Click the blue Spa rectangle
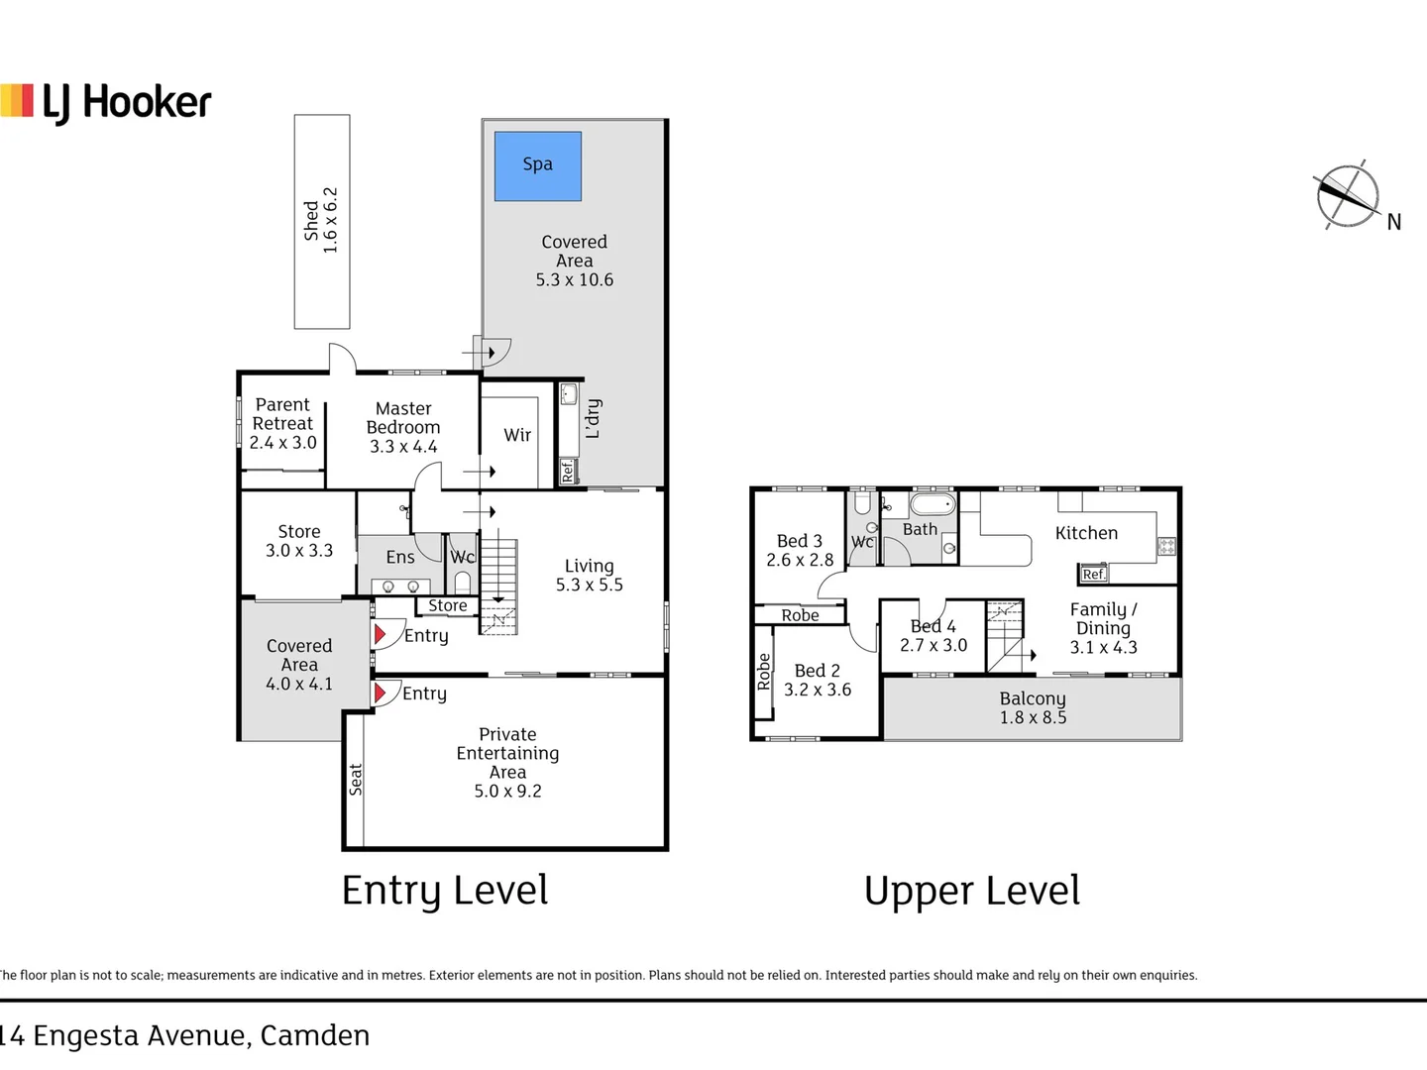pyautogui.click(x=538, y=166)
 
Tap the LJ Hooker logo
pyautogui.click(x=105, y=103)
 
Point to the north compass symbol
pyautogui.click(x=1349, y=195)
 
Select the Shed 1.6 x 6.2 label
pyautogui.click(x=321, y=220)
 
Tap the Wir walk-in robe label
pyautogui.click(x=517, y=435)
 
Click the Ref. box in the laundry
pyautogui.click(x=568, y=471)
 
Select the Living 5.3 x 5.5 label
pyautogui.click(x=589, y=575)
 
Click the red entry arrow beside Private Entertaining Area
pyautogui.click(x=380, y=694)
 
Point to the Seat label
pyautogui.click(x=355, y=780)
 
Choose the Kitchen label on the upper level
pyautogui.click(x=1086, y=533)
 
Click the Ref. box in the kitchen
pyautogui.click(x=1093, y=574)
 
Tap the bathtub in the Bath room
pyautogui.click(x=933, y=504)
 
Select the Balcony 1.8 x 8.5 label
pyautogui.click(x=1033, y=708)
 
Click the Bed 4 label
pyautogui.click(x=933, y=626)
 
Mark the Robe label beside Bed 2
pyautogui.click(x=764, y=672)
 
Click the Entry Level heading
pyautogui.click(x=445, y=891)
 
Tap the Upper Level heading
pyautogui.click(x=972, y=892)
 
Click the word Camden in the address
pyautogui.click(x=315, y=1035)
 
